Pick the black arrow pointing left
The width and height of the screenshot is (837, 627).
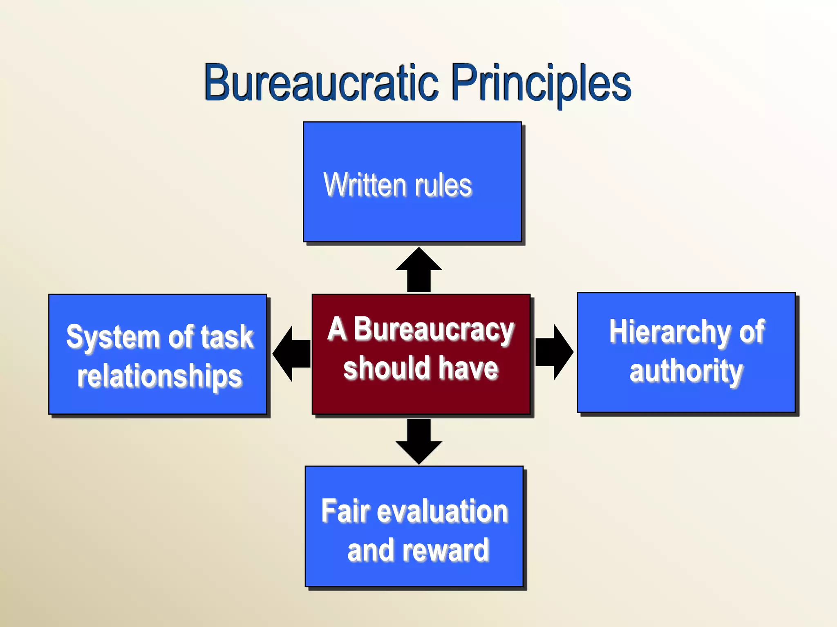tap(291, 354)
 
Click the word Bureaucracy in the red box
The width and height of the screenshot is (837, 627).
tap(434, 330)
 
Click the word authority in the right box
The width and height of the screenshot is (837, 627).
tap(686, 371)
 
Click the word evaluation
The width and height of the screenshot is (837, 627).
tap(442, 511)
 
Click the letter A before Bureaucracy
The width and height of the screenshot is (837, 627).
tap(337, 329)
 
